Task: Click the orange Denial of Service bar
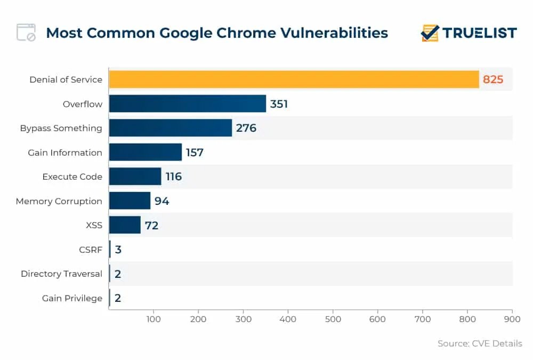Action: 294,79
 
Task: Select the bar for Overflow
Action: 187,103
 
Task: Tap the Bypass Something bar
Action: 170,128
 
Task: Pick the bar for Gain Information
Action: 145,152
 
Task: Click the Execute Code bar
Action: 135,177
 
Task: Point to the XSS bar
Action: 125,225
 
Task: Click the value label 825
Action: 493,80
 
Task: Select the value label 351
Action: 279,104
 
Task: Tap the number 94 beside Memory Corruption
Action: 162,201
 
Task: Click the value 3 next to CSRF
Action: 118,250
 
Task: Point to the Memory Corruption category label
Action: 59,201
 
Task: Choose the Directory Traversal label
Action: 61,274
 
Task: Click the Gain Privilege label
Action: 72,298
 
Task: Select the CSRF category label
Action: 90,250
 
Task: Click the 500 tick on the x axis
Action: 333,319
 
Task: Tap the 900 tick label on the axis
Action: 512,319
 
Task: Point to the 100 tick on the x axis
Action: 154,319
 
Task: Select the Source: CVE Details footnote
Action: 480,343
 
